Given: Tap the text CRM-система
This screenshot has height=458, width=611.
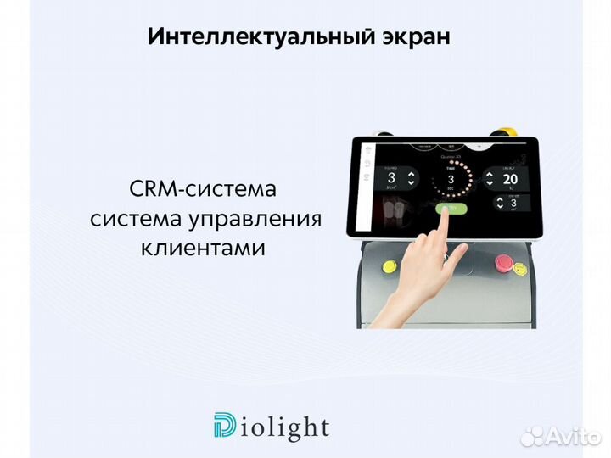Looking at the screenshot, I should point(203,187).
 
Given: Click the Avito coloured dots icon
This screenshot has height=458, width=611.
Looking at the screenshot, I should point(532,436).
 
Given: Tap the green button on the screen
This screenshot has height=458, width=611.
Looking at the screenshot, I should point(446,209).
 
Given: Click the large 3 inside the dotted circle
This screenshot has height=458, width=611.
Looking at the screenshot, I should point(451,179).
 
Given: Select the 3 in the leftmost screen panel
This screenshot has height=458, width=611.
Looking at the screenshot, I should point(391,178).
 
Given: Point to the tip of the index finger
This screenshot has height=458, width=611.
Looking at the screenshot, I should point(446,214).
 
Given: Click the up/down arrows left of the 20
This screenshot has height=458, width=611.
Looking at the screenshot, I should point(488,179).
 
